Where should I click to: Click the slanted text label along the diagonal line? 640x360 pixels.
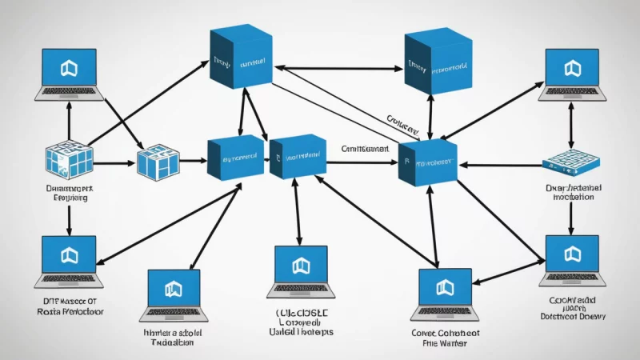pos(402,123)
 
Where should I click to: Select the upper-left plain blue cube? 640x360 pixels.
pos(239,58)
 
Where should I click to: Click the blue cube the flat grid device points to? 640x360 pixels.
pos(428,162)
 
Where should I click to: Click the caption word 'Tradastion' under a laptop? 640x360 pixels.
pos(173,342)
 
